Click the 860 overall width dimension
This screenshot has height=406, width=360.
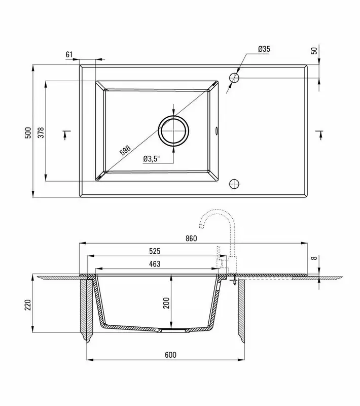(x=191, y=238)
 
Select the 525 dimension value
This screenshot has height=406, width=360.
(x=155, y=251)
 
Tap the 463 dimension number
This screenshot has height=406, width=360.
(x=155, y=264)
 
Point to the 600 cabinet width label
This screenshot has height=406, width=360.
(x=170, y=355)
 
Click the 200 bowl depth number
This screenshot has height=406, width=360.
(x=166, y=303)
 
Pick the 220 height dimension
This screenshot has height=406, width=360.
(x=28, y=305)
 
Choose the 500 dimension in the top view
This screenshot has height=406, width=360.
(x=28, y=132)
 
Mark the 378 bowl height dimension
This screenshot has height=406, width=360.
(x=41, y=132)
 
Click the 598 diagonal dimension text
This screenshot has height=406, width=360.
(x=125, y=150)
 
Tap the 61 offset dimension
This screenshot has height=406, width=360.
(x=69, y=54)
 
